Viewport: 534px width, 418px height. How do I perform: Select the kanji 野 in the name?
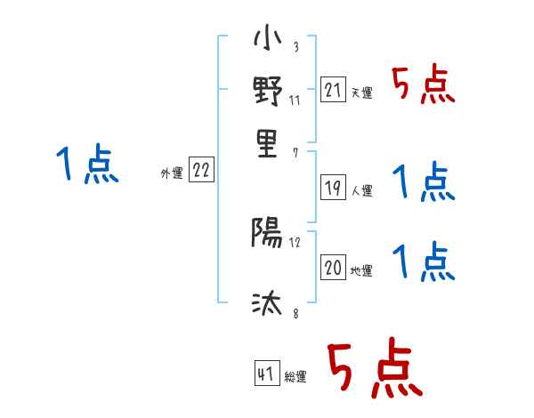pos(268,92)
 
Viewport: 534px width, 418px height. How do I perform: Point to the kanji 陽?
pos(267,234)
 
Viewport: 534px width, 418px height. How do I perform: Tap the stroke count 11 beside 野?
pos(295,100)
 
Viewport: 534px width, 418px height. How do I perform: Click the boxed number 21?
pos(333,90)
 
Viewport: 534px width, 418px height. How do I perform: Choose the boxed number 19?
pos(333,188)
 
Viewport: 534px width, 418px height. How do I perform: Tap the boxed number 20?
pos(333,268)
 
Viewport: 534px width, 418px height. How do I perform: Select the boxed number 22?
pos(201,171)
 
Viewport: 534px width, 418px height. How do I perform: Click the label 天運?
pos(361,92)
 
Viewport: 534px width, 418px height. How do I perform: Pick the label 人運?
pos(361,190)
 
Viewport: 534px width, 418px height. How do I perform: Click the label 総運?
pos(295,377)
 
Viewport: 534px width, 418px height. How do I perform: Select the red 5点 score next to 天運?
pos(424,86)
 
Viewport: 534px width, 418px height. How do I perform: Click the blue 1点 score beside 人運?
pos(424,183)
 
